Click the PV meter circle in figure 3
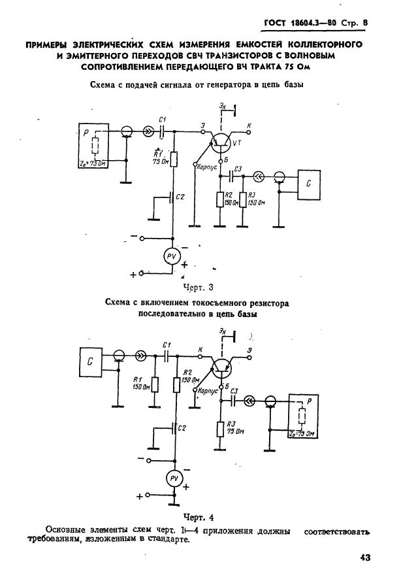pos(172,256)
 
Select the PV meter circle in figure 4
pos(174,479)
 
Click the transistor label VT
pos(236,142)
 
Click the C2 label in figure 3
pos(181,197)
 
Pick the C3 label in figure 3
pos(238,169)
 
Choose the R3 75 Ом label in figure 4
pos(230,429)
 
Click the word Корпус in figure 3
pos(207,167)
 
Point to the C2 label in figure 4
pos(182,427)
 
